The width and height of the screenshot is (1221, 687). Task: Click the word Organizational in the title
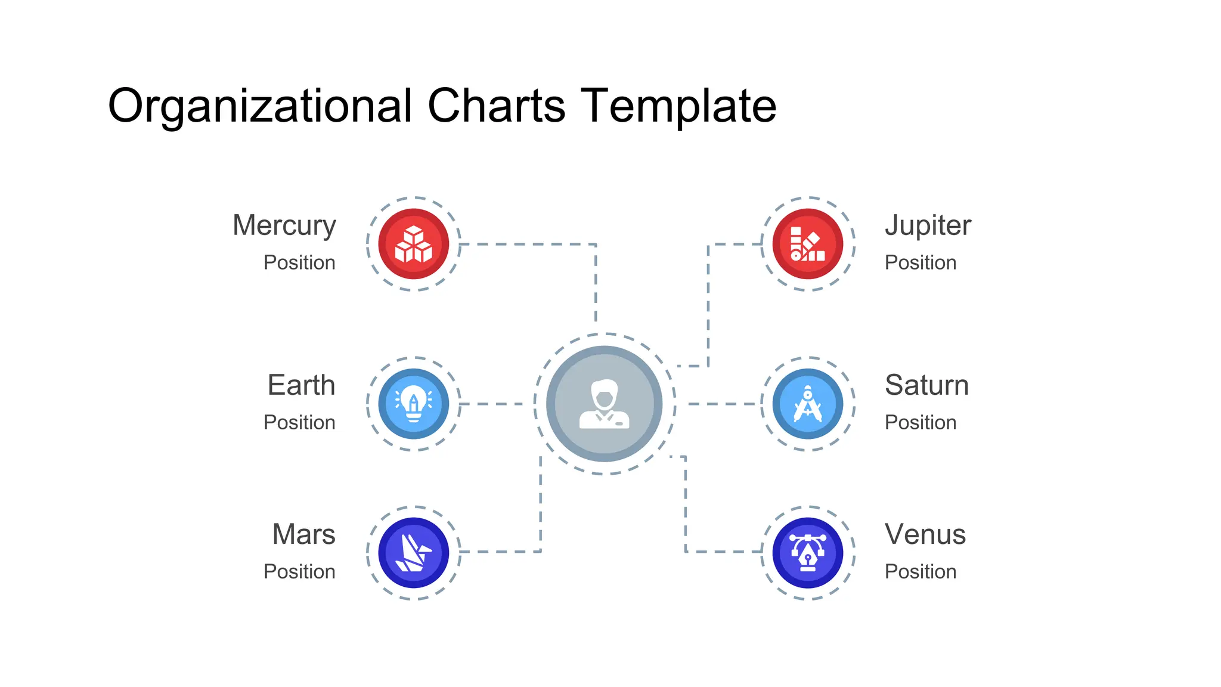point(259,106)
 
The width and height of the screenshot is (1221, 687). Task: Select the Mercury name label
point(284,226)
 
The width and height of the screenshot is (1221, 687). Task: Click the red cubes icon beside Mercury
point(414,244)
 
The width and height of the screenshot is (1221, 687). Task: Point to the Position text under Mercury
point(299,262)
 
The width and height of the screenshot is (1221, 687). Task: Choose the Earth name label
point(301,385)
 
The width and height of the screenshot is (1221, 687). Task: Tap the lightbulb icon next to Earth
point(414,404)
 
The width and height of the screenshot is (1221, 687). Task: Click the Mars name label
point(303,534)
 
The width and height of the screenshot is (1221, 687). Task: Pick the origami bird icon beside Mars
point(414,553)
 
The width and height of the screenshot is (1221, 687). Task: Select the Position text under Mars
point(299,571)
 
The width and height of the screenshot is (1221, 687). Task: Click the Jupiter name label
point(928,225)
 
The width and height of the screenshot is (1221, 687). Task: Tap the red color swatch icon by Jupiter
point(808,244)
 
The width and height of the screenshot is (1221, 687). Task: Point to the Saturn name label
point(926,385)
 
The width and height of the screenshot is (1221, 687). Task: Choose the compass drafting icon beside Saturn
point(808,404)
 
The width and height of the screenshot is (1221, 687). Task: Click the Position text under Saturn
point(920,422)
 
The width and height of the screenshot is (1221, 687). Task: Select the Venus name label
point(925,534)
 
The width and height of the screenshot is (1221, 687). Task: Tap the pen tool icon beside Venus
point(808,553)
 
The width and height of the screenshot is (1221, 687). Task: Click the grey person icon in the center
point(605,404)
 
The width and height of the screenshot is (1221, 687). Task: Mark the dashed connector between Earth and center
point(492,404)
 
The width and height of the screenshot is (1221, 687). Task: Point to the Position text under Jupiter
point(920,262)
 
